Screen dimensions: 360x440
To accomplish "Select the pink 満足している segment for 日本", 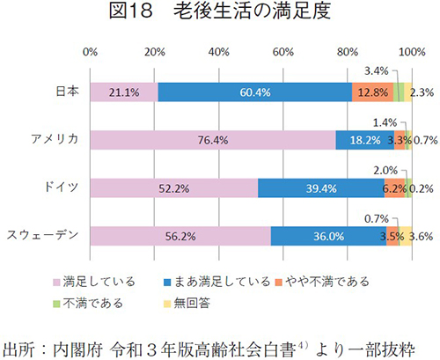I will pos(123,92).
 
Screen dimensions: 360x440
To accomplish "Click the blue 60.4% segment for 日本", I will pos(254,92).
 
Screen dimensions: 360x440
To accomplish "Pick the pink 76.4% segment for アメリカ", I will pos(212,139).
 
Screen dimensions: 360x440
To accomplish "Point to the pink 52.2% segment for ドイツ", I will pos(173,187).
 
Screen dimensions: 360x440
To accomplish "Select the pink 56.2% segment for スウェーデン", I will pos(180,235).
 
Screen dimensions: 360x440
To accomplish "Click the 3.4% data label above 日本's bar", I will pos(377,70).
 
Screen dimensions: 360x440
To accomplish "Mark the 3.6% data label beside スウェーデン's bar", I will pos(421,236).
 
